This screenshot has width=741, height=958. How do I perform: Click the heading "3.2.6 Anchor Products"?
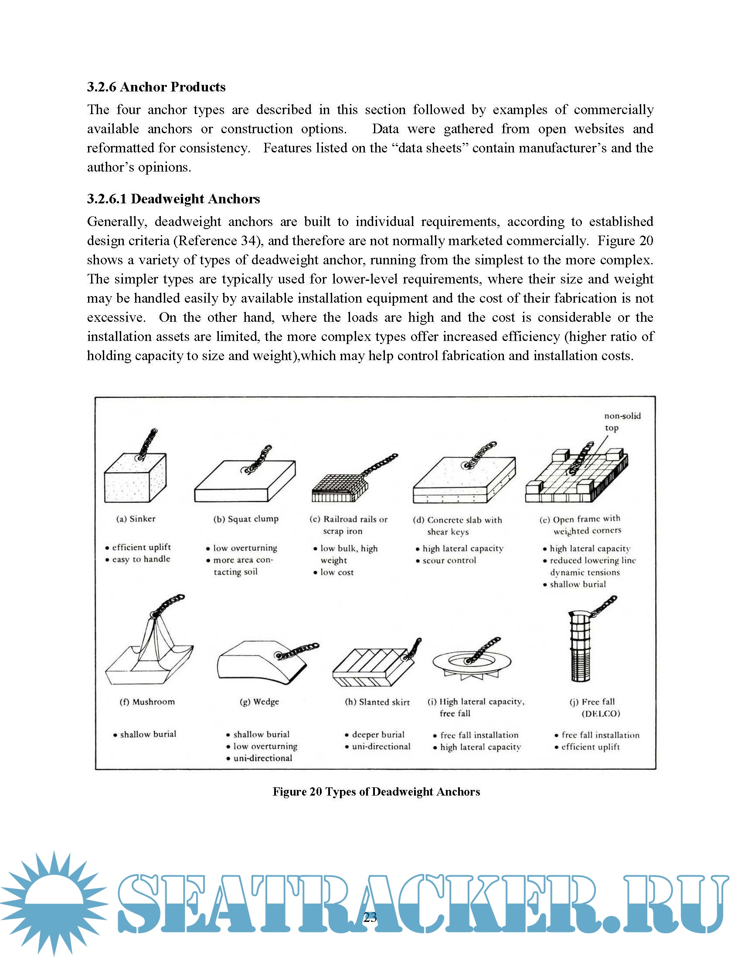(156, 87)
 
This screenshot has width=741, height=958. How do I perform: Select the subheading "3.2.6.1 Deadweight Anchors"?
(173, 199)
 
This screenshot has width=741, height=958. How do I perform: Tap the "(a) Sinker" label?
(136, 519)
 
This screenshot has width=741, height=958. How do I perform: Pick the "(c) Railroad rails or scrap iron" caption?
(348, 525)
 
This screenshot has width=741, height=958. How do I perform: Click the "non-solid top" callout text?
(622, 422)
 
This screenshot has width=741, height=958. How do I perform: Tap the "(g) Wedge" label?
(259, 702)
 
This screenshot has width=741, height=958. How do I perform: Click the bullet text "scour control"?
(449, 560)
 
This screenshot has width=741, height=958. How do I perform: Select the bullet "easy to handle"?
(141, 559)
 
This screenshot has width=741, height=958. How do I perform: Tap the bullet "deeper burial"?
(378, 734)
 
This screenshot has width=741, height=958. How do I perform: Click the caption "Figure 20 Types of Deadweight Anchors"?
(376, 791)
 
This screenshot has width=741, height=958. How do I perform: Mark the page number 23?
(370, 917)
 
